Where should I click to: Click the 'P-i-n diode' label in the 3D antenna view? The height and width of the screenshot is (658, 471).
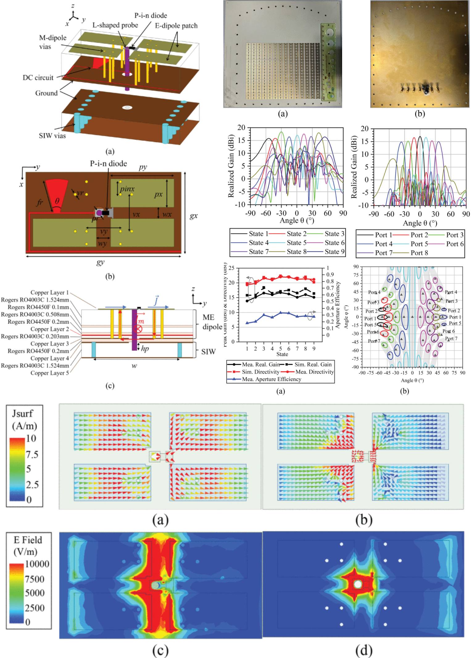point(151,15)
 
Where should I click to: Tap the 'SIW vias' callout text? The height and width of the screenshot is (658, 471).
point(52,136)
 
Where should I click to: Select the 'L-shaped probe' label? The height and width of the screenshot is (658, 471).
point(115,25)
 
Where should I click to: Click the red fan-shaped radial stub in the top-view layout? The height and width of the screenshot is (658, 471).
point(56,195)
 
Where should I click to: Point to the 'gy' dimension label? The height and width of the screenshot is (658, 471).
point(100,262)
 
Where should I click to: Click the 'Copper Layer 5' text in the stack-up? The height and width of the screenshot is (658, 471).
point(49,373)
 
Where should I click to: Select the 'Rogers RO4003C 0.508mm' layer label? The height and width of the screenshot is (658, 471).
point(35,314)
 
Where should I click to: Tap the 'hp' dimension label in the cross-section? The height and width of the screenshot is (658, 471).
point(145,348)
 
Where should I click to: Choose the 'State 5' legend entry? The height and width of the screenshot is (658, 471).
point(296,243)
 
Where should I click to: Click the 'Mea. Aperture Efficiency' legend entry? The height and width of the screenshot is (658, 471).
point(271,379)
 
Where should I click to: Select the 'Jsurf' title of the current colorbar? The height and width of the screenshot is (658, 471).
point(22,413)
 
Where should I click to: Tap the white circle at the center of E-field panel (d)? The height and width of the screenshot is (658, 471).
point(357,584)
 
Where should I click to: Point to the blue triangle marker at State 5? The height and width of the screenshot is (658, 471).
point(280,313)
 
